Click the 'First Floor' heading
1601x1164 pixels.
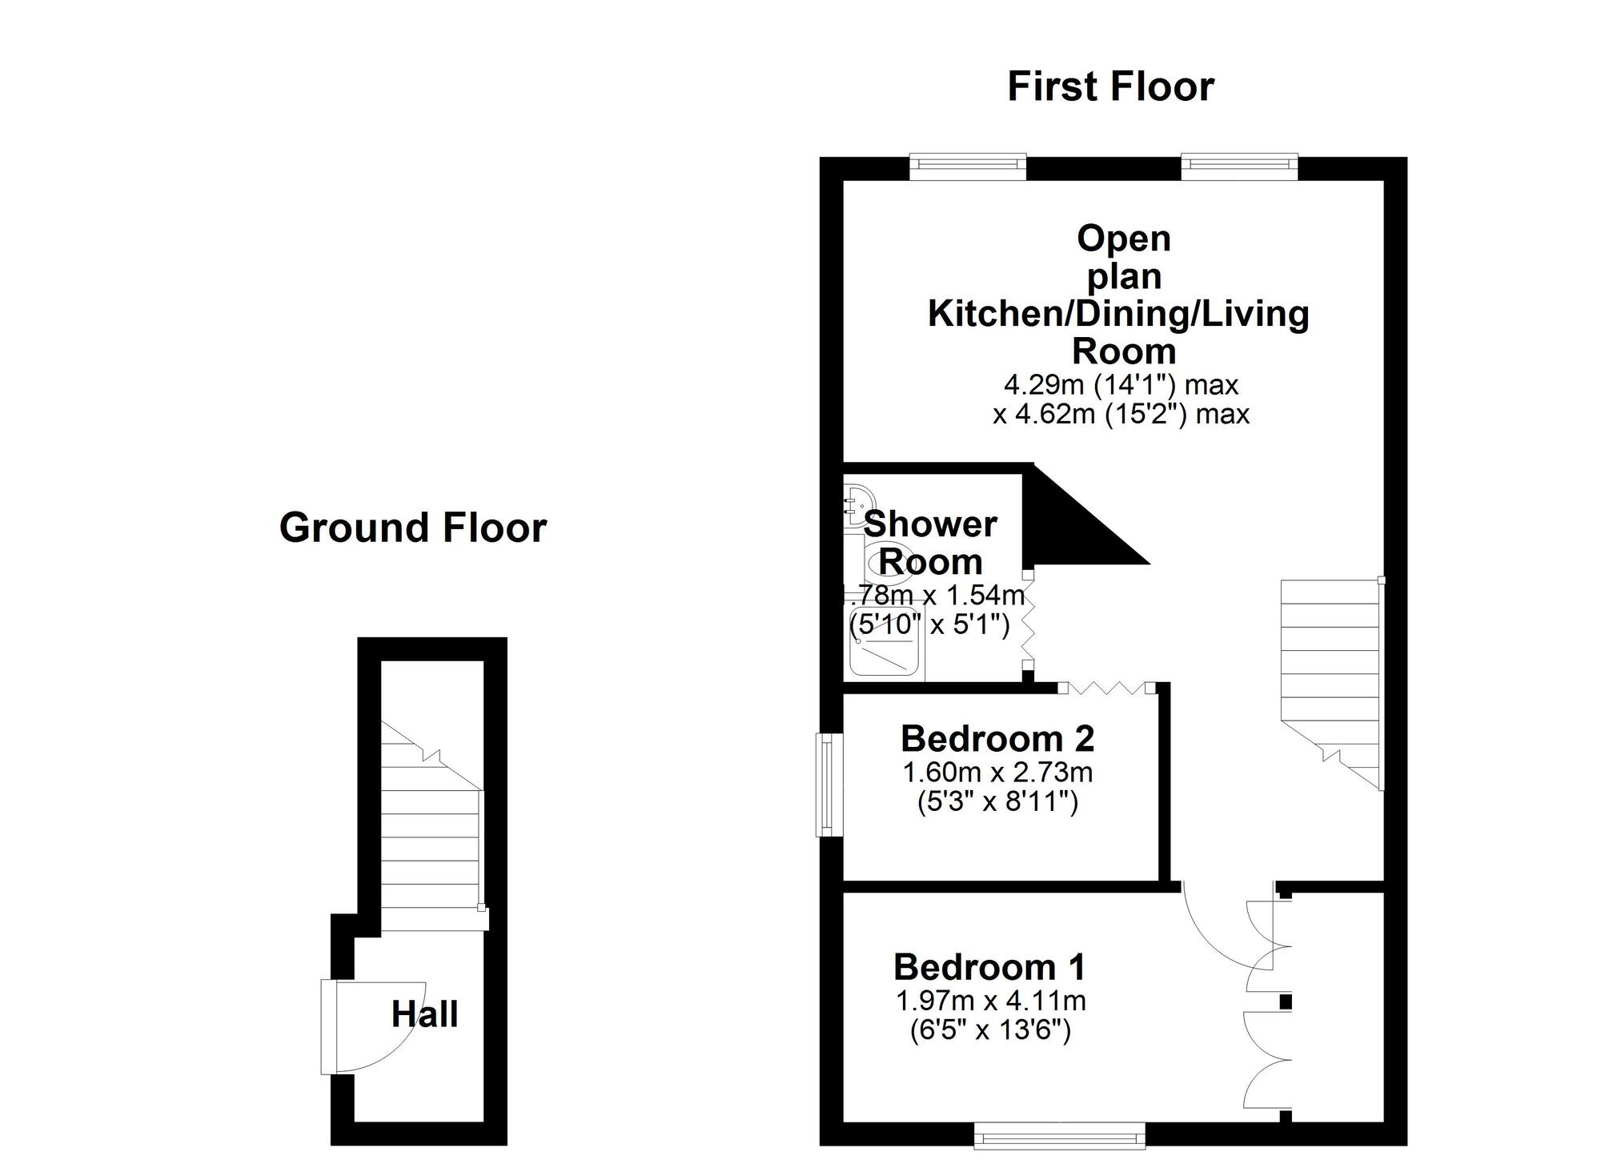coord(1110,86)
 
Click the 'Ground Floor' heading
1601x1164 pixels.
coord(412,528)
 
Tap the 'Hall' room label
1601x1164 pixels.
coord(424,1014)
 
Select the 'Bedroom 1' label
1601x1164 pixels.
coord(989,967)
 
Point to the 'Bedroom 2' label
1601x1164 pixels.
coord(997,738)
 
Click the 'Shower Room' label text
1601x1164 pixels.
coord(930,543)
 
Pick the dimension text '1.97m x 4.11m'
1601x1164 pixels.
coord(990,1001)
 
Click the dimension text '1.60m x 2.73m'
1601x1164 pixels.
coord(997,773)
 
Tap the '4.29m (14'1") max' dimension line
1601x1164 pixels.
coord(1121,385)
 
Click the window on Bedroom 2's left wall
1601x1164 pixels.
coord(829,785)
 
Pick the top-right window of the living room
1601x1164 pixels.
coord(1238,165)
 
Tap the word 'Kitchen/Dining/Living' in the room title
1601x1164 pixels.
coord(1118,313)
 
